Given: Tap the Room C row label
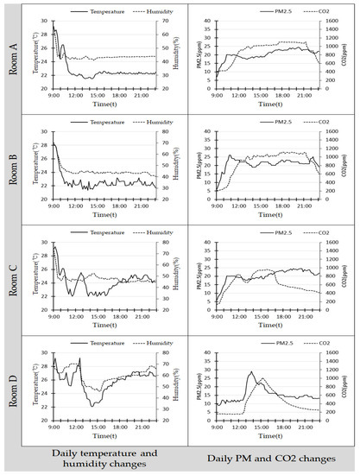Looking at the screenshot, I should point(13,276).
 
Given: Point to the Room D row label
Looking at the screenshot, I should point(13,384).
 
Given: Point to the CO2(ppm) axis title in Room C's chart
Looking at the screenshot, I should point(355,276).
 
